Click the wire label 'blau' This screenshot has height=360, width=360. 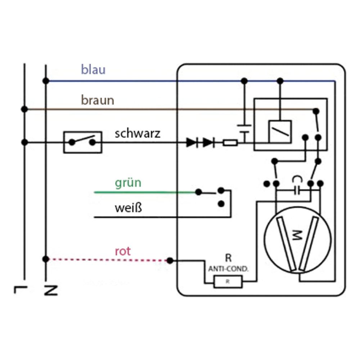click(x=93, y=69)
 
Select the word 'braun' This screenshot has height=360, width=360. click(x=98, y=100)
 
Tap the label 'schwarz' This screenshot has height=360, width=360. click(x=138, y=134)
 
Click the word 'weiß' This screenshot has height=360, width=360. click(x=129, y=208)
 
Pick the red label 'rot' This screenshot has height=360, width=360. click(x=123, y=251)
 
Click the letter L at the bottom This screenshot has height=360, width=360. click(x=21, y=289)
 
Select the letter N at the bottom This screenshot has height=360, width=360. click(x=51, y=290)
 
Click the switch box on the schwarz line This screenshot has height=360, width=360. click(x=83, y=142)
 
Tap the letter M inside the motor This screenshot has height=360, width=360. click(x=297, y=235)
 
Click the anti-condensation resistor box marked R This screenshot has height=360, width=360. click(x=228, y=282)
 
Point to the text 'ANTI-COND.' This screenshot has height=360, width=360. click(x=228, y=269)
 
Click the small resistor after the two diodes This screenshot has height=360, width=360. click(x=230, y=143)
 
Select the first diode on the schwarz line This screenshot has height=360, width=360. click(x=192, y=143)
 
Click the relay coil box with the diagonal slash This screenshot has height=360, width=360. click(x=280, y=131)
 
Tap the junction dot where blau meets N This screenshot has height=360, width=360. click(x=46, y=81)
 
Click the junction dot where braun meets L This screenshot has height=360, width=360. click(x=24, y=109)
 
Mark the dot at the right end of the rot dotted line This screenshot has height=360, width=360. click(x=170, y=261)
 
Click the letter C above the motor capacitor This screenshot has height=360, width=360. click(x=297, y=179)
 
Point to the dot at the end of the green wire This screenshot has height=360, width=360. click(x=199, y=192)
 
